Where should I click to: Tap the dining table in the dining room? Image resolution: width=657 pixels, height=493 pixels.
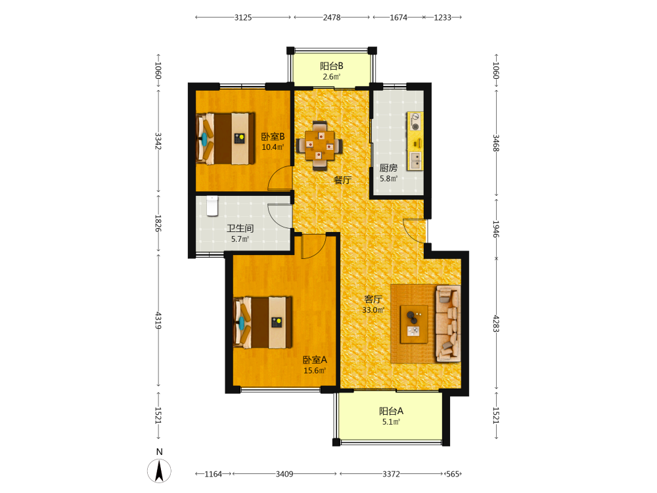pyautogui.click(x=320, y=145)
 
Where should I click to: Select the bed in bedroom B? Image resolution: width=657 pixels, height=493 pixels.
pyautogui.click(x=226, y=138)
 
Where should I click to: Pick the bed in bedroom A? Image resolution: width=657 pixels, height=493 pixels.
pyautogui.click(x=263, y=322)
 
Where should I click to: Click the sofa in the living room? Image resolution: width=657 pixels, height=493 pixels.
pyautogui.click(x=448, y=323)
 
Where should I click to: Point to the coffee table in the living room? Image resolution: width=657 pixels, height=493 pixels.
pyautogui.click(x=414, y=324)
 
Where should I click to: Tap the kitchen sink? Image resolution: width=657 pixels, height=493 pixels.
pyautogui.click(x=416, y=160)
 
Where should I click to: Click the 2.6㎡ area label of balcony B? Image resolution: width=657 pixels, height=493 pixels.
pyautogui.click(x=331, y=77)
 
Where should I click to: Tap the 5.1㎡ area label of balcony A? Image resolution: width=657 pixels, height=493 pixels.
pyautogui.click(x=391, y=422)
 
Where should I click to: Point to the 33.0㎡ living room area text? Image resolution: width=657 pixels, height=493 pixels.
pyautogui.click(x=373, y=310)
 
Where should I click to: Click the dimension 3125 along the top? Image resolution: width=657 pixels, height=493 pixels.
pyautogui.click(x=243, y=18)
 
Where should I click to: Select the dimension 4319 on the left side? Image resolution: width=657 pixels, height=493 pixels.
pyautogui.click(x=158, y=320)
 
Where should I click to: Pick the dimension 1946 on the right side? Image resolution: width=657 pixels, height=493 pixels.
pyautogui.click(x=495, y=229)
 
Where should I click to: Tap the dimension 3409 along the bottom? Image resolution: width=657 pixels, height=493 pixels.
pyautogui.click(x=284, y=474)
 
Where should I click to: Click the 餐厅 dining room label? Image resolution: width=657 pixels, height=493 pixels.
pyautogui.click(x=342, y=180)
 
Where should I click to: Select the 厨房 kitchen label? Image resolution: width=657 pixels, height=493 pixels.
pyautogui.click(x=388, y=168)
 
